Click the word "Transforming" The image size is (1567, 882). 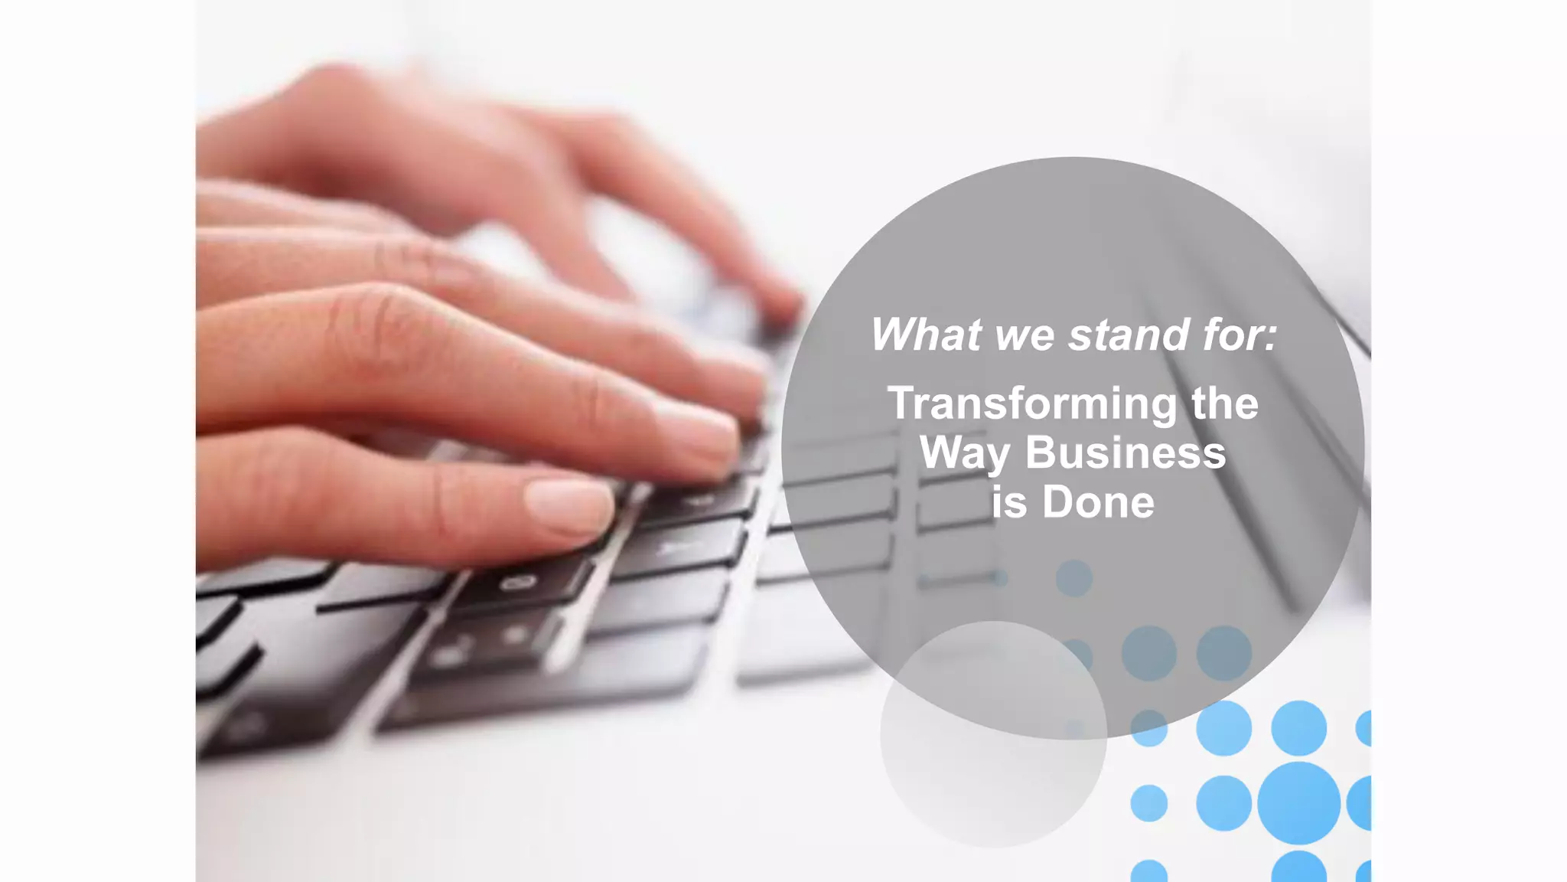[1032, 404]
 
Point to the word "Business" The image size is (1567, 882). [1125, 452]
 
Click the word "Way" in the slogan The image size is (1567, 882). [964, 454]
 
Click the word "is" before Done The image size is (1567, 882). [1009, 502]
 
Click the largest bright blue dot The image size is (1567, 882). [1298, 802]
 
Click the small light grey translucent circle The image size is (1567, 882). [993, 733]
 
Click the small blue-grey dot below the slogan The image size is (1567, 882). [1073, 578]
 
